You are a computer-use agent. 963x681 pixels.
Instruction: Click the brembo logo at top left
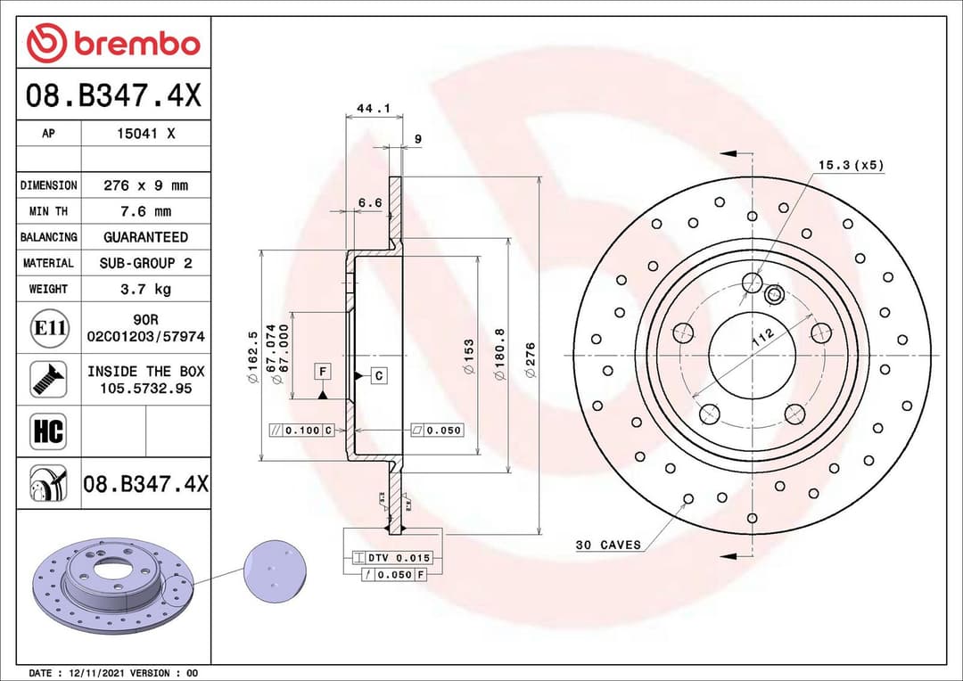pyautogui.click(x=113, y=43)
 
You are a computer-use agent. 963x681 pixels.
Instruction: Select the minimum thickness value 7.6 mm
pyautogui.click(x=145, y=211)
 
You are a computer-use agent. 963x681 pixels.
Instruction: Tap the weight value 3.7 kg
pyautogui.click(x=145, y=289)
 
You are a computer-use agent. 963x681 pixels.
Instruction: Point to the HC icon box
pyautogui.click(x=48, y=431)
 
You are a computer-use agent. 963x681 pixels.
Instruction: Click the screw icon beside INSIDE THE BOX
pyautogui.click(x=48, y=379)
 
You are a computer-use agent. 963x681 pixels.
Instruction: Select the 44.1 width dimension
pyautogui.click(x=374, y=109)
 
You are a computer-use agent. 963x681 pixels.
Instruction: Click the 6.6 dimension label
pyautogui.click(x=369, y=202)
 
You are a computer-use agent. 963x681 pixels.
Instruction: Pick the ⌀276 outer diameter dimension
pyautogui.click(x=531, y=360)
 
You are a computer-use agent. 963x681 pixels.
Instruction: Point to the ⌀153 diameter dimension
pyautogui.click(x=468, y=357)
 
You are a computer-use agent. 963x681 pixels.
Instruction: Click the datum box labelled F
pyautogui.click(x=323, y=371)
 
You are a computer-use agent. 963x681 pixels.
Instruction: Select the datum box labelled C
pyautogui.click(x=378, y=375)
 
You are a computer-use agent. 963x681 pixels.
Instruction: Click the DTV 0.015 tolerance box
pyautogui.click(x=392, y=558)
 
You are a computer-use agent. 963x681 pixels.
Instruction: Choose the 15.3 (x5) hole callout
pyautogui.click(x=851, y=165)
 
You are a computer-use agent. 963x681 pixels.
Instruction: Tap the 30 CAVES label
pyautogui.click(x=608, y=545)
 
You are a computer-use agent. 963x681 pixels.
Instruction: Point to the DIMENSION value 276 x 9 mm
pyautogui.click(x=145, y=185)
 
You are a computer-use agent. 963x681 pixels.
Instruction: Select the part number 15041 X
pyautogui.click(x=145, y=134)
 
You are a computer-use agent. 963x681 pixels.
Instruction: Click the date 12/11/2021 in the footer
pyautogui.click(x=94, y=673)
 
